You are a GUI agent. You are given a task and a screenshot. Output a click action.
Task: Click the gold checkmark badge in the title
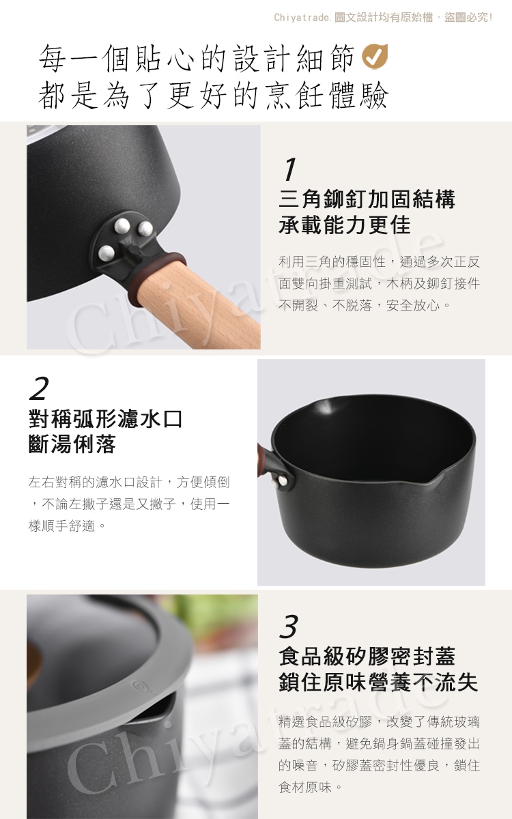pos(375,56)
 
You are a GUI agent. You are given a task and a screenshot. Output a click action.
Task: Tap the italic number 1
pos(290,169)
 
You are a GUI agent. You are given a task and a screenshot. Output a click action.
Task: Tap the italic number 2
pos(39,388)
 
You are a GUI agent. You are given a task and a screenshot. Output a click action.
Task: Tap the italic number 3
pos(289,627)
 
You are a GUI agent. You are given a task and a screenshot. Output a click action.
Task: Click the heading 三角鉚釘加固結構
pos(367,199)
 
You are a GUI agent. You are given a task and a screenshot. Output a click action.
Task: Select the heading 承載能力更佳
pos(345,225)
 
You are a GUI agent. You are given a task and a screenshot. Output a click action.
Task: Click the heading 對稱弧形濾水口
pos(105,418)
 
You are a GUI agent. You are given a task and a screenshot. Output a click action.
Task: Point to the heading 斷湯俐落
pos(72,444)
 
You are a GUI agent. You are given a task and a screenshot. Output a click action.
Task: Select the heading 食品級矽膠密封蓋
pos(367,657)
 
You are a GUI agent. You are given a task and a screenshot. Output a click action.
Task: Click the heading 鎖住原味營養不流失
pos(378,682)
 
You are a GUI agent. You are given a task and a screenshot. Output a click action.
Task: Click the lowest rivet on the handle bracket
pos(106,253)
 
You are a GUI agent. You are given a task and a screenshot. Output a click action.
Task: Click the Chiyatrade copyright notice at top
pos(383,17)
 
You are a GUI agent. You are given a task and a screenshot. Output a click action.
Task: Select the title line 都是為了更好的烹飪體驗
pos(213,96)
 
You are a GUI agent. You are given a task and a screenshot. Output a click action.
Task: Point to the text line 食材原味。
pos(310,788)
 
